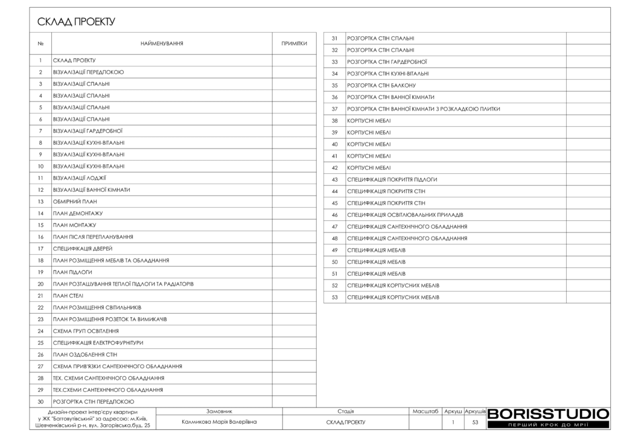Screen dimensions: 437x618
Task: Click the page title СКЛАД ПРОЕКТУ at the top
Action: click(x=76, y=22)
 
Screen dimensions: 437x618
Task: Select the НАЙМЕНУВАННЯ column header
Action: click(x=162, y=43)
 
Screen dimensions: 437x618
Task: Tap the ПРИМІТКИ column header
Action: click(x=295, y=43)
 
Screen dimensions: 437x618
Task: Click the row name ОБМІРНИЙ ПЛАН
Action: click(x=75, y=202)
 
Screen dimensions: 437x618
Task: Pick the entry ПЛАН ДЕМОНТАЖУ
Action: click(x=78, y=214)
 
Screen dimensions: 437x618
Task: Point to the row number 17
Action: click(x=40, y=249)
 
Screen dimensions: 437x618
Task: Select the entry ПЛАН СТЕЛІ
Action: click(x=68, y=296)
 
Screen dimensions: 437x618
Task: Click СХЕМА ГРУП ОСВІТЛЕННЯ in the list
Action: click(x=86, y=331)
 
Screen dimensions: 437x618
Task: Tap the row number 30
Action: click(x=40, y=401)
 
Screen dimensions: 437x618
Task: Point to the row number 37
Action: click(x=334, y=109)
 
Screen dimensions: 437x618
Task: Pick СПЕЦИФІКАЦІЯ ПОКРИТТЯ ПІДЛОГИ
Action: click(x=392, y=179)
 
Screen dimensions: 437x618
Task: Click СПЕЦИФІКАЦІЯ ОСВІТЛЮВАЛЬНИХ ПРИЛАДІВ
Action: click(x=405, y=215)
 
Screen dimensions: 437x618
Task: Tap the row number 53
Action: click(x=334, y=297)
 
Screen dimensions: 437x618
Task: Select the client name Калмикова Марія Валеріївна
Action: click(x=219, y=422)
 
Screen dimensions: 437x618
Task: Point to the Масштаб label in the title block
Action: click(x=425, y=411)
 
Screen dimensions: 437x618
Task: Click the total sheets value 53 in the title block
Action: click(x=475, y=423)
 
